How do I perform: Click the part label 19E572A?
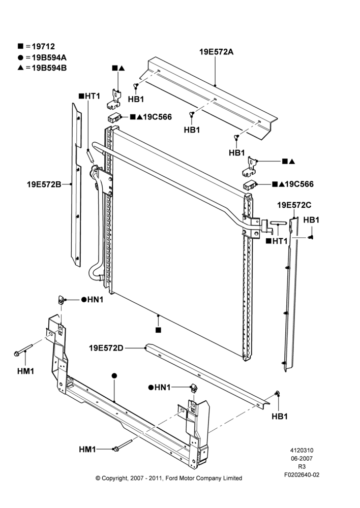coord(216,52)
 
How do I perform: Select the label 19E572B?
coord(44,184)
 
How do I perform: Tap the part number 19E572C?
coord(294,205)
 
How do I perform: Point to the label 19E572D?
coord(106,348)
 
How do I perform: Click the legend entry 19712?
coord(43,47)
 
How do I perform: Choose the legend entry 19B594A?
coord(49,58)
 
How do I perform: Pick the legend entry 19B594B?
coord(49,68)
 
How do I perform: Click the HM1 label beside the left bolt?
coord(25,371)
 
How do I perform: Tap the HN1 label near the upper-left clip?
coord(96,300)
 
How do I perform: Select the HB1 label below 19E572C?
coord(311,220)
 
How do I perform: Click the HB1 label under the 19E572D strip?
coord(280,417)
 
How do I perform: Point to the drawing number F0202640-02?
coord(302,475)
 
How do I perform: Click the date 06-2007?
coord(302,458)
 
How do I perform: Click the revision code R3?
coord(302,467)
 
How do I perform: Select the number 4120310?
coord(302,450)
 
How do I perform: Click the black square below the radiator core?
coord(158,330)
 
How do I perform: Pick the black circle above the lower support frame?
coord(114,376)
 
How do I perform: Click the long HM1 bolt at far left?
coord(23,350)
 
